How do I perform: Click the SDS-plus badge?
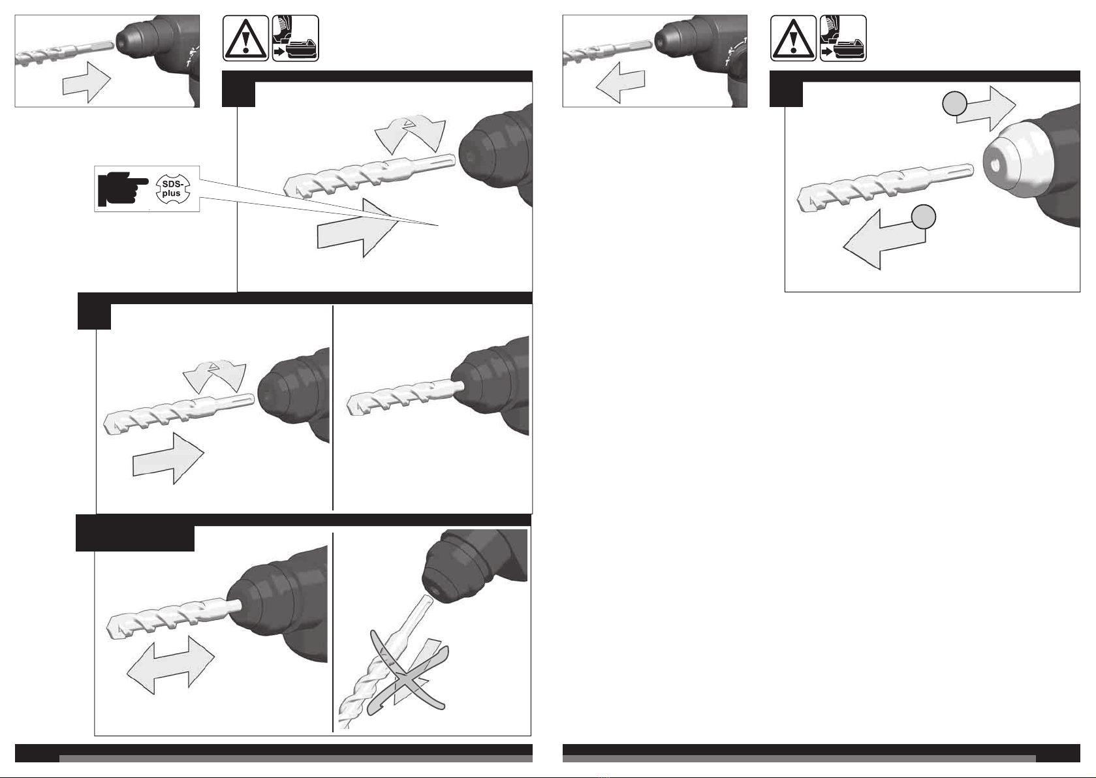(x=172, y=189)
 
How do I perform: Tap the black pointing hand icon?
(x=123, y=189)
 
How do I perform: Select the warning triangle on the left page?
(x=245, y=38)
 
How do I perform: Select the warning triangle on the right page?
(x=793, y=38)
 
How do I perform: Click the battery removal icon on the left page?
(x=296, y=38)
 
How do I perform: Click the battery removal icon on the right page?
(x=843, y=38)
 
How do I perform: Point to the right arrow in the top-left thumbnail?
(x=87, y=81)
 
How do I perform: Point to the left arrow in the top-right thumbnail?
(x=620, y=82)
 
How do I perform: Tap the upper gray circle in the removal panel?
(x=954, y=104)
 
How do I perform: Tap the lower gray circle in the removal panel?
(x=923, y=217)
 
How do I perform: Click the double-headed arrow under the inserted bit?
(x=170, y=665)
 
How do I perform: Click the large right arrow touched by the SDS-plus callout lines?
(x=357, y=228)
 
